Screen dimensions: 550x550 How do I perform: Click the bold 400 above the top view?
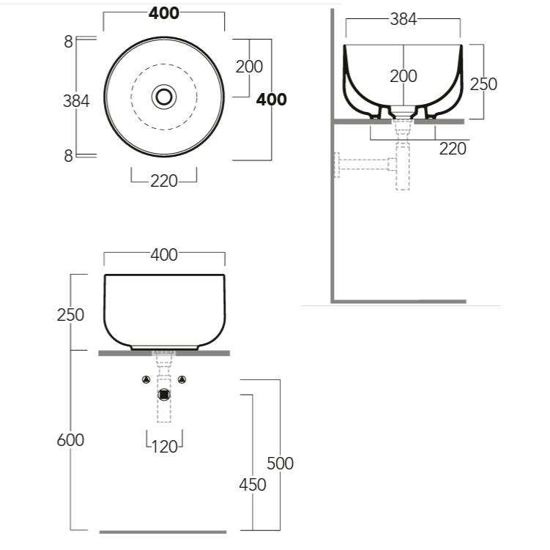(164, 13)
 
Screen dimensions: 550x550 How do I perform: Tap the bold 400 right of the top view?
(271, 100)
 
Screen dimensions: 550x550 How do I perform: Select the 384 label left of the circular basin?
(76, 101)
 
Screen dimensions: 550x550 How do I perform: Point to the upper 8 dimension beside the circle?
(68, 42)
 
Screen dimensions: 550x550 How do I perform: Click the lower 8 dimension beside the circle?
(68, 156)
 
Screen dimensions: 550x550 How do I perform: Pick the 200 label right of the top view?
(249, 67)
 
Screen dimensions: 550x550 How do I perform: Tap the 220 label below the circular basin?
(164, 182)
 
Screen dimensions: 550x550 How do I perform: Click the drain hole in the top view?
(164, 97)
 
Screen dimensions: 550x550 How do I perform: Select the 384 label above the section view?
(404, 19)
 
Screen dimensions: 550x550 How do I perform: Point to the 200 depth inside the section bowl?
(404, 76)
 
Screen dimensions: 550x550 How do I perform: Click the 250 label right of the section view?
(483, 84)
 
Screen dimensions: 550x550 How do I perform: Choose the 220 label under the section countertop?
(453, 149)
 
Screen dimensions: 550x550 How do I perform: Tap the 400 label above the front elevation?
(164, 255)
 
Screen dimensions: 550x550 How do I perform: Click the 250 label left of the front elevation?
(70, 315)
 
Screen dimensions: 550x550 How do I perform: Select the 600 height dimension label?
(70, 440)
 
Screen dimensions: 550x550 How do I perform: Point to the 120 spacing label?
(165, 447)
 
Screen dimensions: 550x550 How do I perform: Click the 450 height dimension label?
(253, 485)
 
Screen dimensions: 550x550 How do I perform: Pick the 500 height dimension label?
(280, 464)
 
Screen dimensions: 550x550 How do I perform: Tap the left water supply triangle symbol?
(146, 379)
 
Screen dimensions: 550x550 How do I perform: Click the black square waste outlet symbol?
(164, 395)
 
